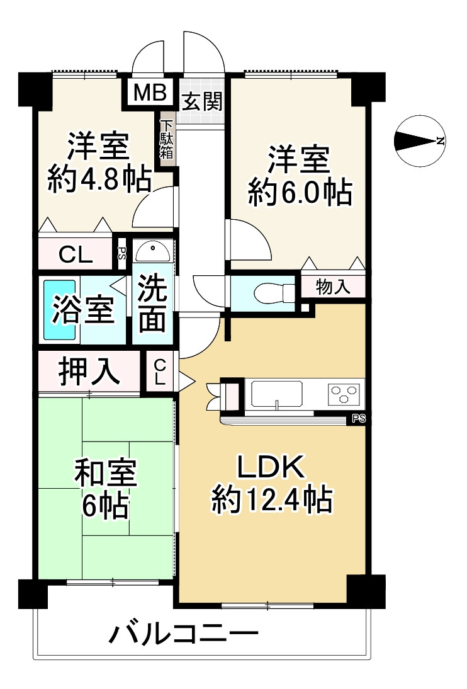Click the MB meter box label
click(x=150, y=93)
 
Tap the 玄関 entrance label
click(x=202, y=103)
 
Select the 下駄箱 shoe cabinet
click(x=167, y=139)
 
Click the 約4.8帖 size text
click(x=99, y=178)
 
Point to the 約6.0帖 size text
click(x=300, y=191)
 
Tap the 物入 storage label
click(x=333, y=287)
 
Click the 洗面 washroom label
click(x=152, y=304)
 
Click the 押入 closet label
click(x=89, y=372)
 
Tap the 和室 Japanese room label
click(x=106, y=472)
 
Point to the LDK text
click(x=271, y=467)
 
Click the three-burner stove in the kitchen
click(x=346, y=393)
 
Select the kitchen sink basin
click(x=277, y=393)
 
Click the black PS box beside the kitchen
click(x=359, y=419)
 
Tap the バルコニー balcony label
click(x=184, y=634)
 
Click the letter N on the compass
click(x=440, y=141)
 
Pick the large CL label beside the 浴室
click(x=76, y=254)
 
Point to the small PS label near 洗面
click(x=121, y=253)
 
